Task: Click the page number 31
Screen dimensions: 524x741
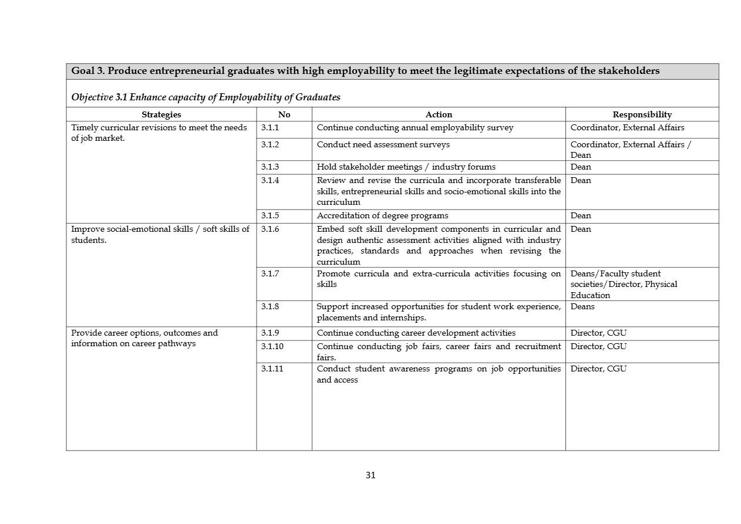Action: pyautogui.click(x=370, y=475)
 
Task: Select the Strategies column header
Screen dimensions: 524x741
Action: pyautogui.click(x=161, y=114)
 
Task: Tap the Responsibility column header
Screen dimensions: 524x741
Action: pyautogui.click(x=642, y=114)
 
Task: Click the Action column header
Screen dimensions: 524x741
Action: pyautogui.click(x=439, y=114)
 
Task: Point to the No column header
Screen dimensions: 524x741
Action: pyautogui.click(x=284, y=114)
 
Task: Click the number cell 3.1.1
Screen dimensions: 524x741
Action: pyautogui.click(x=270, y=127)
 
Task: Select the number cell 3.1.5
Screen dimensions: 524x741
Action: pyautogui.click(x=270, y=215)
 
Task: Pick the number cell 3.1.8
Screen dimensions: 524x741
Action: pyautogui.click(x=270, y=306)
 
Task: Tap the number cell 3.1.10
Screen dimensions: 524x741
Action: pyautogui.click(x=272, y=346)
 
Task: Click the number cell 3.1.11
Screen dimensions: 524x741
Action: pyautogui.click(x=272, y=369)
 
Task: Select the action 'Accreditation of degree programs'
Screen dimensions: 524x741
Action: pyautogui.click(x=382, y=215)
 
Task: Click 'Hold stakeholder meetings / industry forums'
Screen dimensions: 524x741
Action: pyautogui.click(x=406, y=167)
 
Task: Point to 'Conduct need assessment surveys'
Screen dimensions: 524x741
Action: pyautogui.click(x=383, y=144)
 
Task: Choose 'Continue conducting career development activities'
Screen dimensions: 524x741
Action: pyautogui.click(x=416, y=333)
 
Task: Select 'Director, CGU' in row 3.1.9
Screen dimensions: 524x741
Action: pyautogui.click(x=598, y=333)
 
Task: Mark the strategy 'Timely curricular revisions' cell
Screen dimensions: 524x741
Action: pyautogui.click(x=159, y=133)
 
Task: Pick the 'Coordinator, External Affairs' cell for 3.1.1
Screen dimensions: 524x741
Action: pyautogui.click(x=627, y=127)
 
